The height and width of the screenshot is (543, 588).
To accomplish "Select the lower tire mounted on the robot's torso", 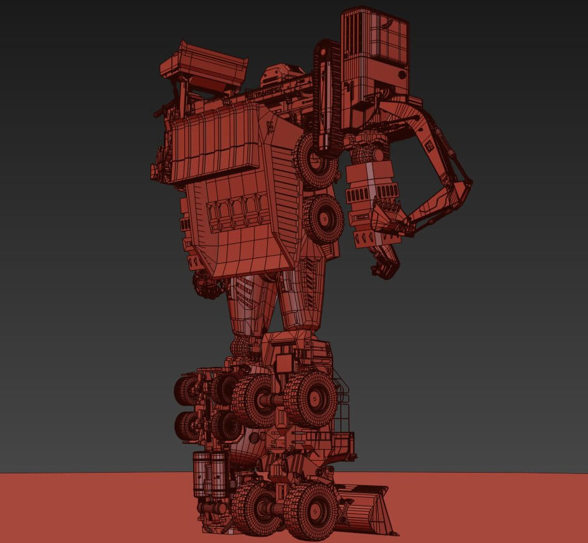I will click(x=323, y=218).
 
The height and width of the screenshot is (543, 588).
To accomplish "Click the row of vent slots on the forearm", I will click(x=364, y=195).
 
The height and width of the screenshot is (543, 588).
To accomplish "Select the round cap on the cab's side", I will click(x=401, y=74).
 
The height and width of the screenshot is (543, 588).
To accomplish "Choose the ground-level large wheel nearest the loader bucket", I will click(x=311, y=510).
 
